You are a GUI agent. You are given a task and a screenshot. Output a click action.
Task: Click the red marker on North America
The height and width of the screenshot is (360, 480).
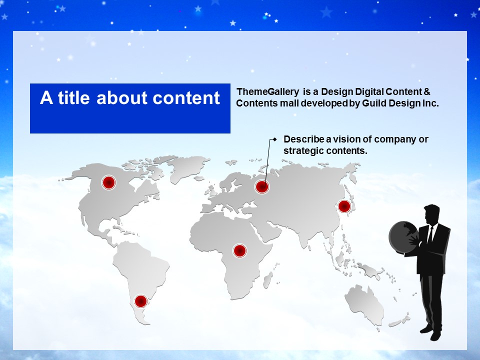pyautogui.click(x=108, y=182)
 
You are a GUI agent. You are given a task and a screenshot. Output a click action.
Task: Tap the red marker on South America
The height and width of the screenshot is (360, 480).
pyautogui.click(x=141, y=301)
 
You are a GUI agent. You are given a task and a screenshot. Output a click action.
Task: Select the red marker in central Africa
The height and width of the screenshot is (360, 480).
pyautogui.click(x=240, y=250)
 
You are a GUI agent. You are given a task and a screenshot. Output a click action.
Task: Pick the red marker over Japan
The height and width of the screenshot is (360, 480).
pyautogui.click(x=344, y=206)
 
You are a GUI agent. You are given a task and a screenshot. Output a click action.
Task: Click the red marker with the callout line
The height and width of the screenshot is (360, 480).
pyautogui.click(x=262, y=186)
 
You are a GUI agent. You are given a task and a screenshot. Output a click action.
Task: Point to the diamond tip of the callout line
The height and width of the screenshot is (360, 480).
pyautogui.click(x=274, y=139)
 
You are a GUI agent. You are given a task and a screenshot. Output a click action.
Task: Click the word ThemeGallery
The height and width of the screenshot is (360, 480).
pyautogui.click(x=267, y=91)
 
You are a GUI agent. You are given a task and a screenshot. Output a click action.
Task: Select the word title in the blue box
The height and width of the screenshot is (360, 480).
pyautogui.click(x=73, y=97)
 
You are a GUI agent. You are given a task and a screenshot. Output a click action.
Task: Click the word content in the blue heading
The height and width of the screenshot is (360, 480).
pyautogui.click(x=186, y=98)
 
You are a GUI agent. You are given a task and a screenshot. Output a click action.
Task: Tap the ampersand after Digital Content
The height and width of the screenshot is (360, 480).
pyautogui.click(x=427, y=91)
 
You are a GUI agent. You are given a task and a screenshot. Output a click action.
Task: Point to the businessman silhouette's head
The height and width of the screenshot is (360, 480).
pyautogui.click(x=431, y=214)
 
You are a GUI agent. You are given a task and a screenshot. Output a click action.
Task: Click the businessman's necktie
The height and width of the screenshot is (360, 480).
pyautogui.click(x=430, y=234)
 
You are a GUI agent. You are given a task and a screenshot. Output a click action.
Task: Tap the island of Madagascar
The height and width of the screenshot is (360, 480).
pyautogui.click(x=268, y=280)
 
